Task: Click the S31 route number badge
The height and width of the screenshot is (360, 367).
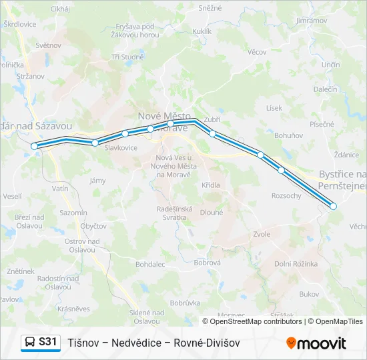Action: point(47,342)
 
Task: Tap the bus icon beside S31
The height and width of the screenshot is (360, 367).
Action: point(30,343)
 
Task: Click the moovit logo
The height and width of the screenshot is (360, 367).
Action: point(316,343)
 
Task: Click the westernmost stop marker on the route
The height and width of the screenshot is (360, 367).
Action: point(35,145)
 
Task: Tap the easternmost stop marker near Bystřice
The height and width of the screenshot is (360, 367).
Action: point(334,206)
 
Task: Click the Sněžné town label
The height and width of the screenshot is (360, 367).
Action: point(210,9)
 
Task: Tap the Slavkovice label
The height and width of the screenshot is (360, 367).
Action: point(121,147)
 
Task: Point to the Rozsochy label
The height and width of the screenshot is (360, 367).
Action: point(286,195)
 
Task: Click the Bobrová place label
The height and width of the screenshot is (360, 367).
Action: point(207,263)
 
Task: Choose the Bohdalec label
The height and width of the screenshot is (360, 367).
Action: point(149,264)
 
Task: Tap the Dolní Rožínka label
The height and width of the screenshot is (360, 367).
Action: point(296,263)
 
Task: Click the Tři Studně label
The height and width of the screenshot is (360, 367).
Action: point(127,57)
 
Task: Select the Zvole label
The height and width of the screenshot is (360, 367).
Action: point(262,234)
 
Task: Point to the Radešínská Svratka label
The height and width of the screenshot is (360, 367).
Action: point(174,213)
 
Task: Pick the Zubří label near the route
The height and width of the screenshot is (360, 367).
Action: point(212,119)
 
